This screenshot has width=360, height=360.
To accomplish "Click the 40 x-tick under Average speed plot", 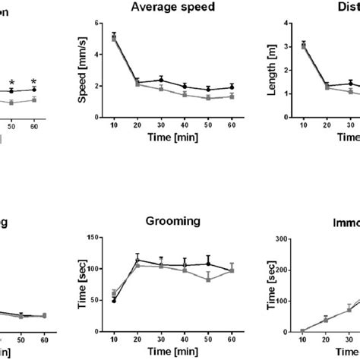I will (185, 125).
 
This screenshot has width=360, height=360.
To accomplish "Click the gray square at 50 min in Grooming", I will (208, 279).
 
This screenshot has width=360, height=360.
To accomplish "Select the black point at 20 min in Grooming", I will (137, 261).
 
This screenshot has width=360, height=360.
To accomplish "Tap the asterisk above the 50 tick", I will (11, 84).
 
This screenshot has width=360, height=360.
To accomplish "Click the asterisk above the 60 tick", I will (33, 81).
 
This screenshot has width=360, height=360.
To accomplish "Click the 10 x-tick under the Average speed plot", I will (114, 125).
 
